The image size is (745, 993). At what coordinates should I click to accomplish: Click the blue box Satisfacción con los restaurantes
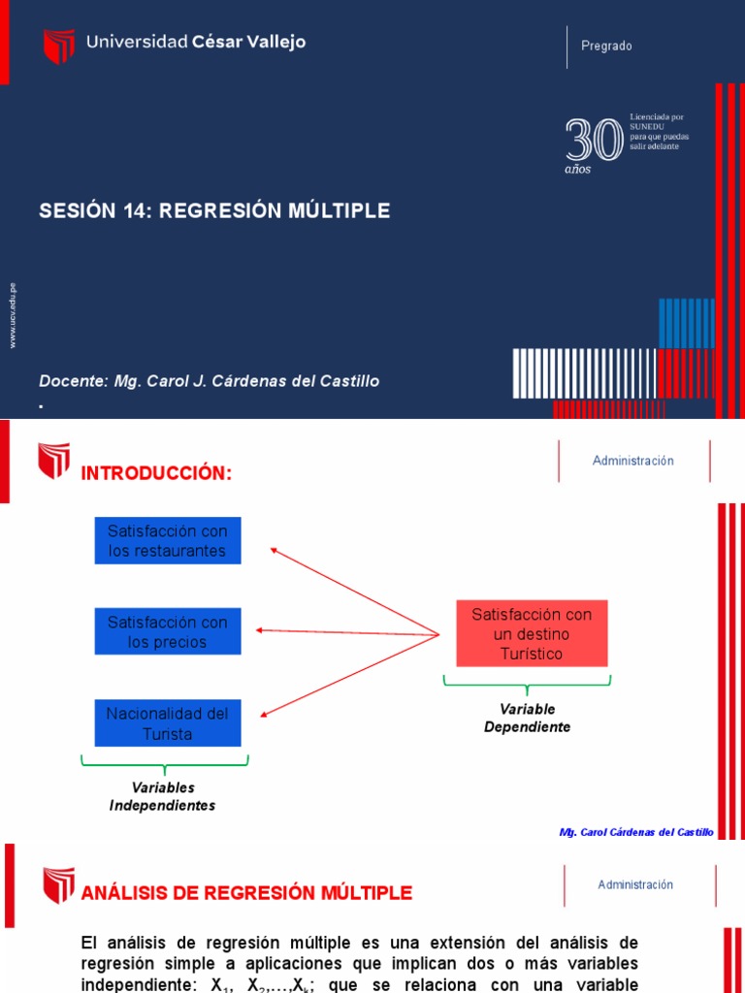pyautogui.click(x=168, y=541)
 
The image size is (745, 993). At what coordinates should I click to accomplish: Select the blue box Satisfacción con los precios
pyautogui.click(x=168, y=631)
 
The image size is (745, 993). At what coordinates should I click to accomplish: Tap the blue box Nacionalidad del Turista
pyautogui.click(x=168, y=724)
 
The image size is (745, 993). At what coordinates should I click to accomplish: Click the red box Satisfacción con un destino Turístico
pyautogui.click(x=532, y=634)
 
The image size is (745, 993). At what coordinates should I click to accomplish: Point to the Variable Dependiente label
pyautogui.click(x=528, y=719)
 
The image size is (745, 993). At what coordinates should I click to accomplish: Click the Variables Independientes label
pyautogui.click(x=163, y=796)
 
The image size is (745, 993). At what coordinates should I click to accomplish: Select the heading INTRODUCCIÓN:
pyautogui.click(x=156, y=473)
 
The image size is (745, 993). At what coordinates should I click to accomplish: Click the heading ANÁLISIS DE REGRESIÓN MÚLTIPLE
pyautogui.click(x=246, y=892)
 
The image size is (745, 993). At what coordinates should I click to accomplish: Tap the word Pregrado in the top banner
pyautogui.click(x=606, y=46)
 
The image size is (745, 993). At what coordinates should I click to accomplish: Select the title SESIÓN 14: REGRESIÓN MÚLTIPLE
pyautogui.click(x=214, y=211)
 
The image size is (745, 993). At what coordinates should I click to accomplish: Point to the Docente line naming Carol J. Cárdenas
pyautogui.click(x=210, y=381)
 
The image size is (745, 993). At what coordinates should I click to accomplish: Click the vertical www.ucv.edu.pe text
pyautogui.click(x=13, y=315)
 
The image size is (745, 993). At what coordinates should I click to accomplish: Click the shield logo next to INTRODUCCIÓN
pyautogui.click(x=54, y=462)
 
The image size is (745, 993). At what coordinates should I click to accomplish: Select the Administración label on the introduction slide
pyautogui.click(x=633, y=461)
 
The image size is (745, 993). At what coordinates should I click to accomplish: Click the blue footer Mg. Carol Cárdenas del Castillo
pyautogui.click(x=636, y=832)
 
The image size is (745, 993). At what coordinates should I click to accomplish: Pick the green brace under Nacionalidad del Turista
pyautogui.click(x=165, y=763)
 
